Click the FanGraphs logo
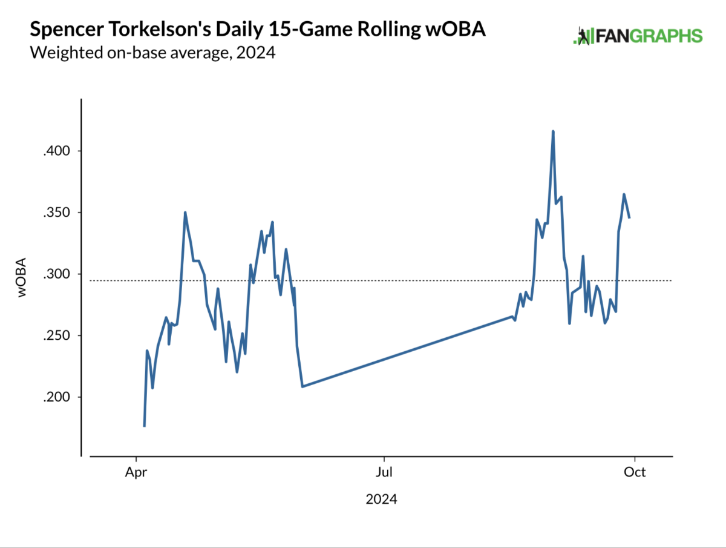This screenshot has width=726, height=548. click(x=638, y=36)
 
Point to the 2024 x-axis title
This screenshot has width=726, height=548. click(x=382, y=500)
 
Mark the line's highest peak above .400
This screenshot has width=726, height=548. click(x=553, y=131)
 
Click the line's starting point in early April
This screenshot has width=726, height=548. click(x=144, y=426)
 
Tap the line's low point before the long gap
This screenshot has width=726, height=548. click(x=302, y=386)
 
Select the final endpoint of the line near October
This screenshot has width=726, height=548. click(x=629, y=217)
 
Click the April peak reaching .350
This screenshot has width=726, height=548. click(x=185, y=213)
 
